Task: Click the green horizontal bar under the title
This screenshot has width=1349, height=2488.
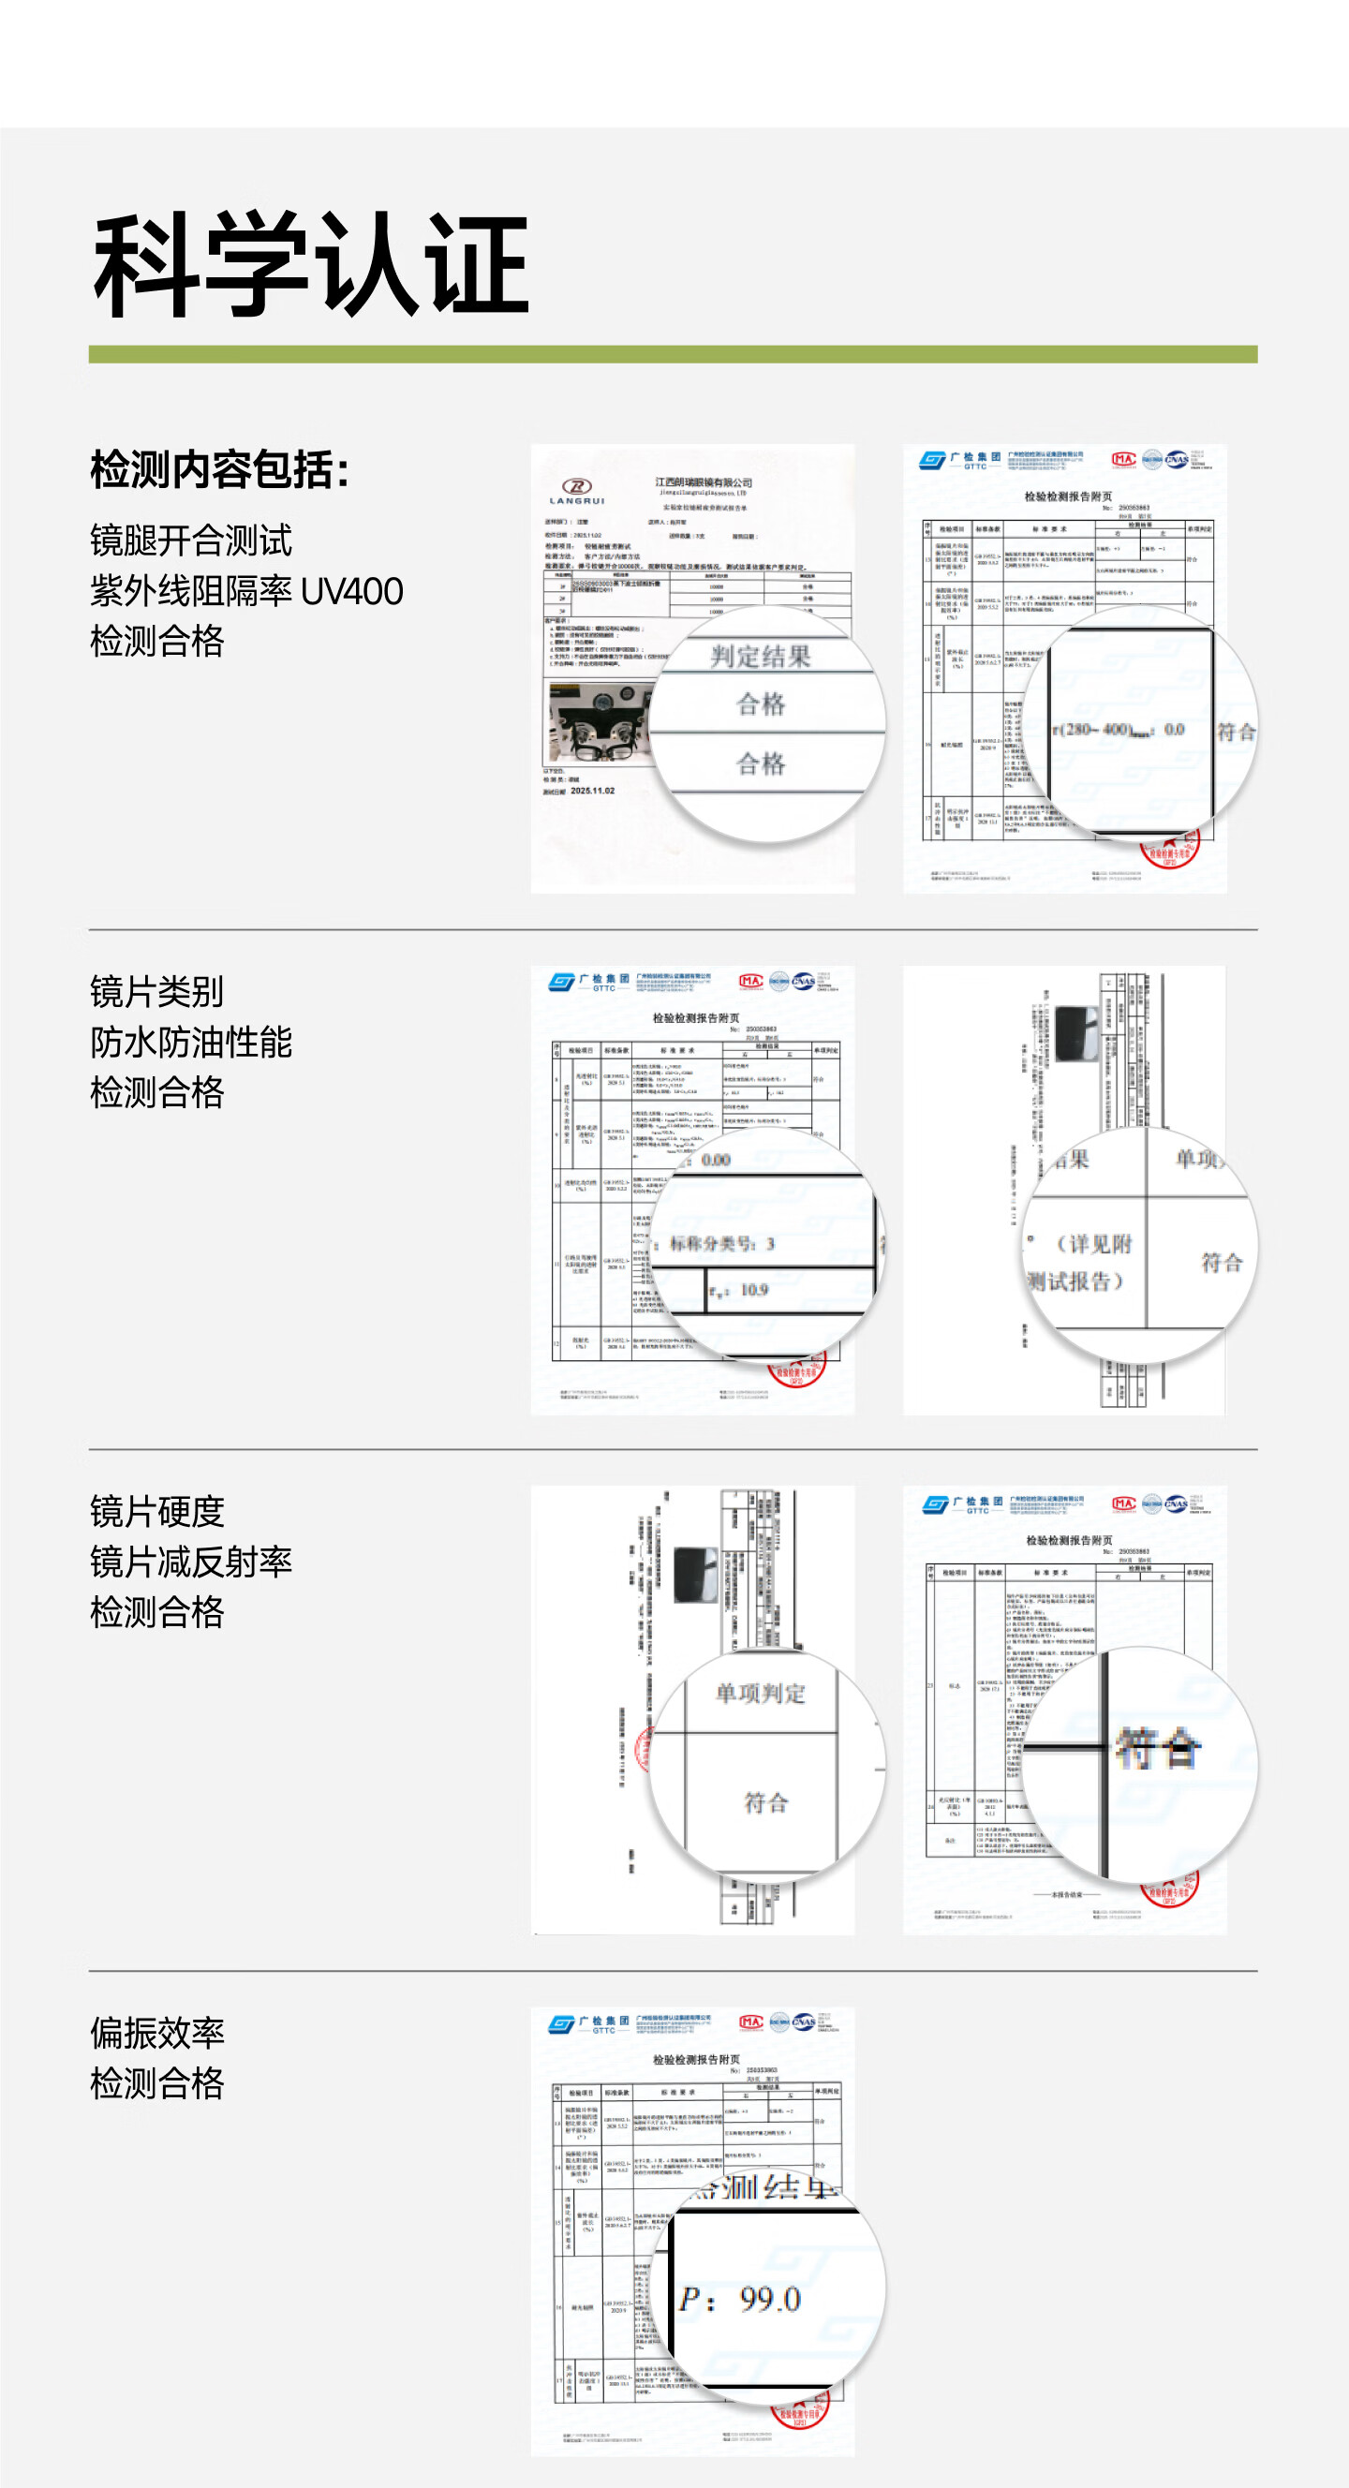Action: point(672,353)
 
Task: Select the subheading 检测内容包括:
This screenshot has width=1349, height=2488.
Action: point(219,470)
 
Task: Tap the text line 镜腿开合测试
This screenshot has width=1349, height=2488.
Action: point(190,540)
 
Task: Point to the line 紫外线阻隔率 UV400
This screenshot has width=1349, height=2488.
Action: point(246,590)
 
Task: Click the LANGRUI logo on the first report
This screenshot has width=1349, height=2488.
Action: point(576,491)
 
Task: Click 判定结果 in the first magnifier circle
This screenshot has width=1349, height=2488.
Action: point(760,656)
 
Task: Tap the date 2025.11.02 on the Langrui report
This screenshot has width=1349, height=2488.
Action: point(592,790)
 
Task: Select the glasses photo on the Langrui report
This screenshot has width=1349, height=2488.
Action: point(599,722)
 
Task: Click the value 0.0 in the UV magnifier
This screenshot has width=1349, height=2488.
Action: point(1173,729)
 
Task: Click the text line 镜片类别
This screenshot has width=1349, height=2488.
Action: point(156,992)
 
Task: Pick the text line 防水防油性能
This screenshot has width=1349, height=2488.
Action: point(190,1043)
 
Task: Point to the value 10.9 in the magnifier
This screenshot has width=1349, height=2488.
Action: point(753,1289)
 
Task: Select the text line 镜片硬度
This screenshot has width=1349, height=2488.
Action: point(156,1512)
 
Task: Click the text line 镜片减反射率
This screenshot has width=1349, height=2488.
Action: point(190,1562)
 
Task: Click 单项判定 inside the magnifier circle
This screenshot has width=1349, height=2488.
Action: point(760,1692)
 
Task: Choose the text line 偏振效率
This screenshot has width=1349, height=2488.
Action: point(156,2033)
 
